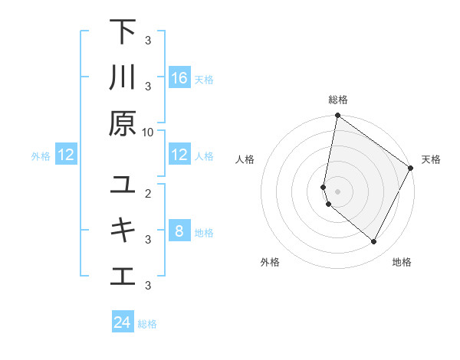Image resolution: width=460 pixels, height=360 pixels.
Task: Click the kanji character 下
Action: click(x=123, y=32)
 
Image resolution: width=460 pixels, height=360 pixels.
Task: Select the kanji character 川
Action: click(x=123, y=78)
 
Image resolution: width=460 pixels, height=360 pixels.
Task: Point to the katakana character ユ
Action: click(x=123, y=185)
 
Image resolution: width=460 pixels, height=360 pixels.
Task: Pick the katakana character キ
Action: click(x=123, y=230)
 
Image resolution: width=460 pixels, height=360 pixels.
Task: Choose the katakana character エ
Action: click(x=123, y=276)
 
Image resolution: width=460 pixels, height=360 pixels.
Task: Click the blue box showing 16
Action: click(x=179, y=78)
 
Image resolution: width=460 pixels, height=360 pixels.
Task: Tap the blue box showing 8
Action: click(x=179, y=231)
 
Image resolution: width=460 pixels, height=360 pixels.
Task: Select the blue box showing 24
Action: click(x=123, y=322)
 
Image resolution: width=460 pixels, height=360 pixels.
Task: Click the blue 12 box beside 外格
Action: click(x=66, y=155)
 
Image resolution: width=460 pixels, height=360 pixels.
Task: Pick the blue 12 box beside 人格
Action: click(x=179, y=155)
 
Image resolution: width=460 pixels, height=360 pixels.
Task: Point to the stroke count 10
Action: click(x=148, y=132)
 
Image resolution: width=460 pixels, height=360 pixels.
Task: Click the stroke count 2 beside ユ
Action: click(x=148, y=192)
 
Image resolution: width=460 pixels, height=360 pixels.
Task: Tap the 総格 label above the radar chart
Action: click(x=337, y=100)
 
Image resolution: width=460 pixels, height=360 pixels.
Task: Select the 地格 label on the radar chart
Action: click(x=402, y=262)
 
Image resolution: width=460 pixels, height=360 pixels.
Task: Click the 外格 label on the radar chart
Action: click(x=270, y=262)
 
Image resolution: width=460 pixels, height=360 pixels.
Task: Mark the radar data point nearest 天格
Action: click(x=411, y=169)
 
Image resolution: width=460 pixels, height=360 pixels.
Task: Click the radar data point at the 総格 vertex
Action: click(x=337, y=116)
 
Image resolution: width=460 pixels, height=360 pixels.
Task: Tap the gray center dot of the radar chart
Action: click(x=337, y=191)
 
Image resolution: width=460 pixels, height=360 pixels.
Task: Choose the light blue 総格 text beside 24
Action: click(x=147, y=324)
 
